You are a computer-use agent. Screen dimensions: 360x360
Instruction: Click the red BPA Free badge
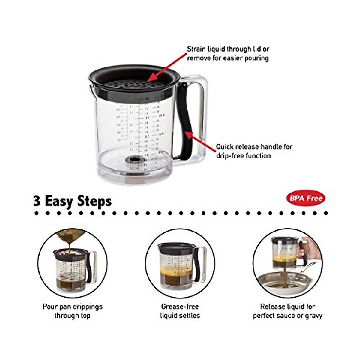point(305,198)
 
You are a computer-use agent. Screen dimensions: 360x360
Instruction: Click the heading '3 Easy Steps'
point(72,201)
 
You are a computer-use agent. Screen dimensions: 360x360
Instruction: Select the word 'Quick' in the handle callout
point(225,147)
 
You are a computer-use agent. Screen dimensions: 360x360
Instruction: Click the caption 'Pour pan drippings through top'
point(72,311)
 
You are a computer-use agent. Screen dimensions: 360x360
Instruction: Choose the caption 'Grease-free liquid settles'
point(180,311)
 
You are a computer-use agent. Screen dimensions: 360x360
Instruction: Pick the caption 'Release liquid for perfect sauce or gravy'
point(287,311)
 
